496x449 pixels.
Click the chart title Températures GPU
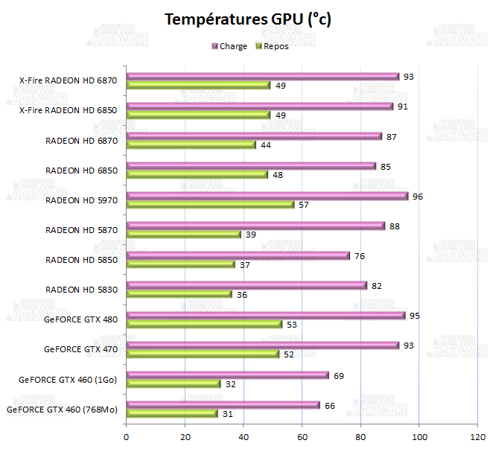[x=247, y=19]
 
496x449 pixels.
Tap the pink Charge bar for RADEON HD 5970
[x=267, y=196]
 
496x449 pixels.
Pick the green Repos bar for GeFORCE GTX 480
[x=204, y=324]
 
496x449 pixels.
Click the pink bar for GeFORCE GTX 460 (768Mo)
[x=223, y=405]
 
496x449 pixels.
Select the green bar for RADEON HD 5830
[x=179, y=294]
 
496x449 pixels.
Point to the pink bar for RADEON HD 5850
[x=238, y=255]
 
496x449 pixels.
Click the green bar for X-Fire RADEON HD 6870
[x=198, y=85]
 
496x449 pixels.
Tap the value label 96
[x=417, y=197]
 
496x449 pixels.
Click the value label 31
[x=226, y=414]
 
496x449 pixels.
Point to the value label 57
[x=303, y=205]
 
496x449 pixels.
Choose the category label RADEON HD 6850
[x=81, y=170]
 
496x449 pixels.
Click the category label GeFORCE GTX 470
[x=80, y=348]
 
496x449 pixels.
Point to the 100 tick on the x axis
[x=419, y=437]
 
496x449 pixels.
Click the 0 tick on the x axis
[x=127, y=437]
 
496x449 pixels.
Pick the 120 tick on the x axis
[x=477, y=437]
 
